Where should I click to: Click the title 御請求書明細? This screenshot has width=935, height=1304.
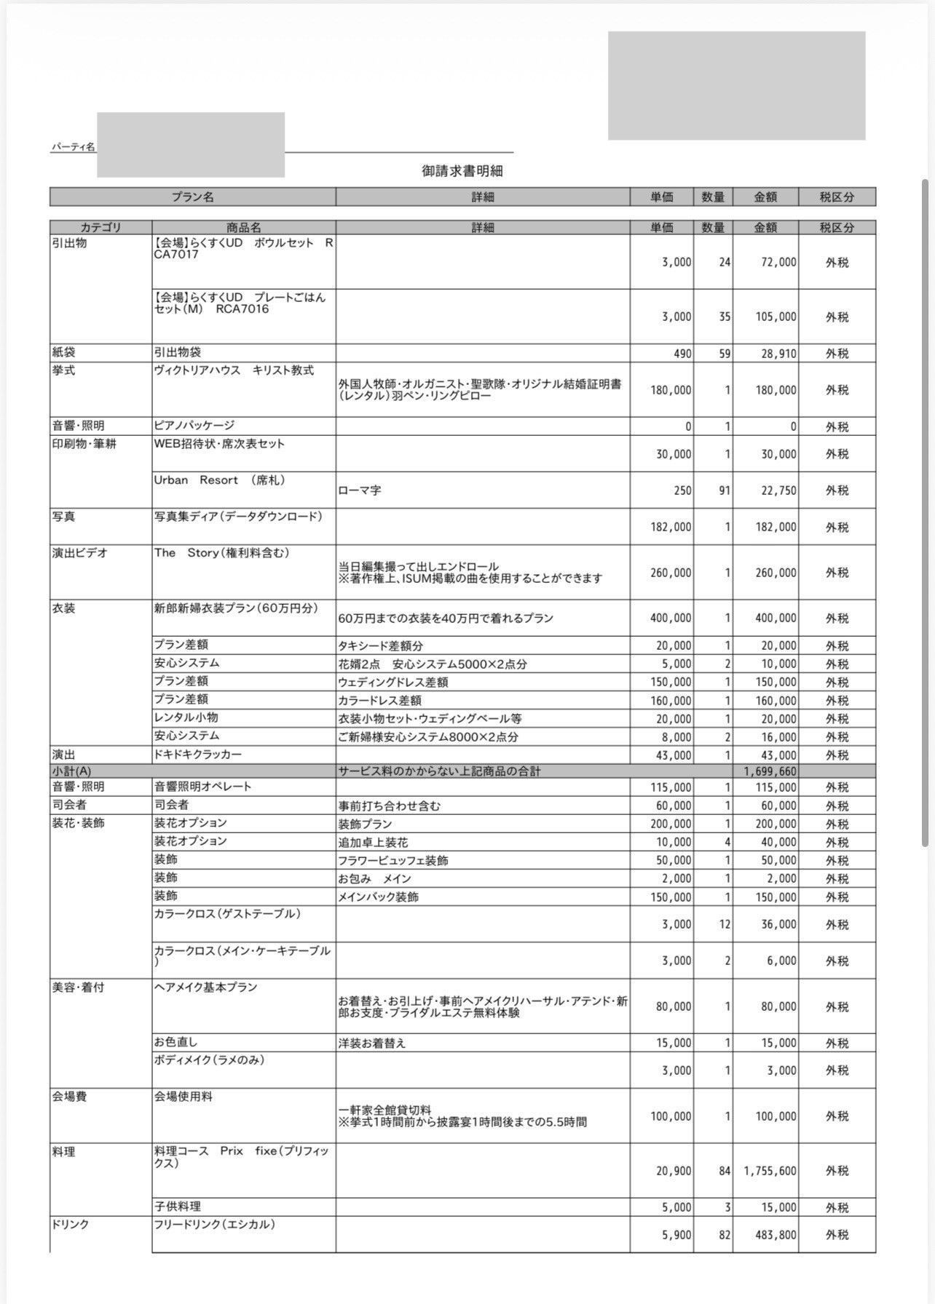coord(462,171)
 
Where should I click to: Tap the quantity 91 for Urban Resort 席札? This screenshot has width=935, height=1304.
coord(724,490)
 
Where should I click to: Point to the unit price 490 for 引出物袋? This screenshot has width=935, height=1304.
coord(682,354)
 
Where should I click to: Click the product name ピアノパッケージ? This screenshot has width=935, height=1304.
coord(194,425)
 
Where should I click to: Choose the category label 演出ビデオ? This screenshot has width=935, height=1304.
coord(80,553)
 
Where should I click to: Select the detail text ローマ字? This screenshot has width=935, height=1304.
coord(360,490)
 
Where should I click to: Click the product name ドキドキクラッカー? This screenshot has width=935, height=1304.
coord(197,755)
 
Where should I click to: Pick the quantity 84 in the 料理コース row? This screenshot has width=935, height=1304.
coord(724,1171)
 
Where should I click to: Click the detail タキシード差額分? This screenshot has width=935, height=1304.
coord(380,645)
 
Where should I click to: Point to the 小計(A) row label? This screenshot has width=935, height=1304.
coord(71,771)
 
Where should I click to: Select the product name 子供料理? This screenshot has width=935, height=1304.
coord(178,1206)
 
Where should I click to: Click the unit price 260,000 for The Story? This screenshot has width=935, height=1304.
coord(671,573)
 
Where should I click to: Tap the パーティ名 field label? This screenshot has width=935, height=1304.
coord(73,147)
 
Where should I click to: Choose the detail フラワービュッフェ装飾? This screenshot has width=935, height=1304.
coord(393,860)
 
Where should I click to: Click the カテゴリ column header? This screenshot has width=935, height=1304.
coord(100,227)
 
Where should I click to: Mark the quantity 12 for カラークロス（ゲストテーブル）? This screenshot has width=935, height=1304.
coord(724,924)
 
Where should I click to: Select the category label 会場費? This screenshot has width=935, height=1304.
coord(70,1097)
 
